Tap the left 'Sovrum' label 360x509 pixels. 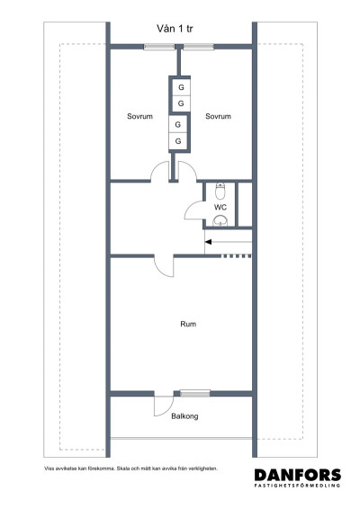pyautogui.click(x=139, y=117)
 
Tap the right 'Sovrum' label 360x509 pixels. pyautogui.click(x=218, y=117)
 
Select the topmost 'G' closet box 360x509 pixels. pyautogui.click(x=180, y=87)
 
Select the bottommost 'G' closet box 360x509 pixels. pyautogui.click(x=178, y=142)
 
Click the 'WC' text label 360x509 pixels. pyautogui.click(x=220, y=207)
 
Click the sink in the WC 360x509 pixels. pyautogui.click(x=220, y=219)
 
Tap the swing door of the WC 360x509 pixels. pyautogui.click(x=194, y=209)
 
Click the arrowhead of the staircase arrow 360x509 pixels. pyautogui.click(x=209, y=240)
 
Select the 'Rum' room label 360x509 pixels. pyautogui.click(x=188, y=324)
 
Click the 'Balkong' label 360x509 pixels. pyautogui.click(x=184, y=416)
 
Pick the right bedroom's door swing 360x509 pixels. pyautogui.click(x=185, y=171)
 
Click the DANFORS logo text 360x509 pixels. pyautogui.click(x=297, y=476)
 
